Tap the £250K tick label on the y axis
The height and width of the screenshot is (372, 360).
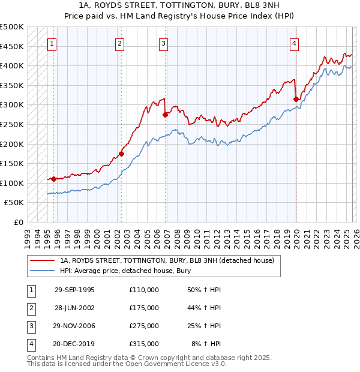tap(12, 124)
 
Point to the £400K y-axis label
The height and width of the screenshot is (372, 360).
tap(12, 65)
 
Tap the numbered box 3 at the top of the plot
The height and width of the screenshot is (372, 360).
tap(163, 43)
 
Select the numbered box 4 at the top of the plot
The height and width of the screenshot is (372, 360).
tap(295, 43)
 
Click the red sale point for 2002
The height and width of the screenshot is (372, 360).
tap(121, 154)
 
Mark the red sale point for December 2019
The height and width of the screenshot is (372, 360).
tap(296, 99)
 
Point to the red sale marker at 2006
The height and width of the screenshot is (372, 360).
tap(165, 115)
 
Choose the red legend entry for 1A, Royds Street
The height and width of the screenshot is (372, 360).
tap(166, 260)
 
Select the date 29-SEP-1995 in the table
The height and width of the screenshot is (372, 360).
tap(74, 290)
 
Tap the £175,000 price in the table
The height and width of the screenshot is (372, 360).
tap(144, 308)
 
